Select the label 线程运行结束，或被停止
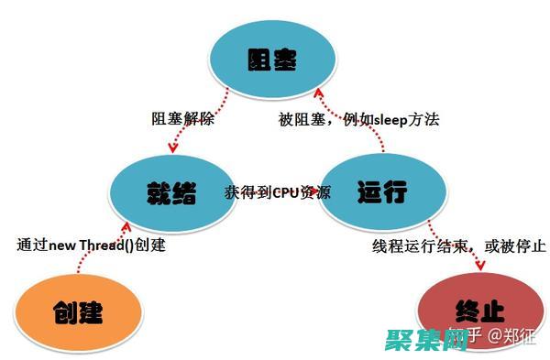458,245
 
